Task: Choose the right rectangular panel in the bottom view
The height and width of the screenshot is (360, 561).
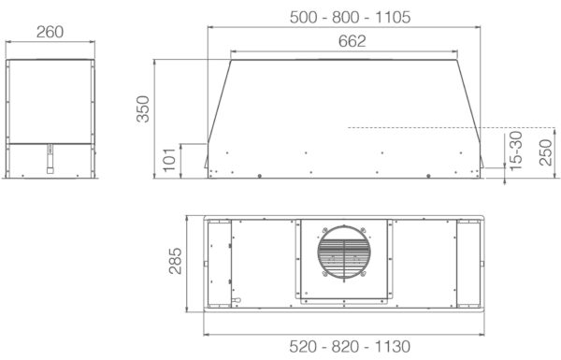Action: pos(467,265)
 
